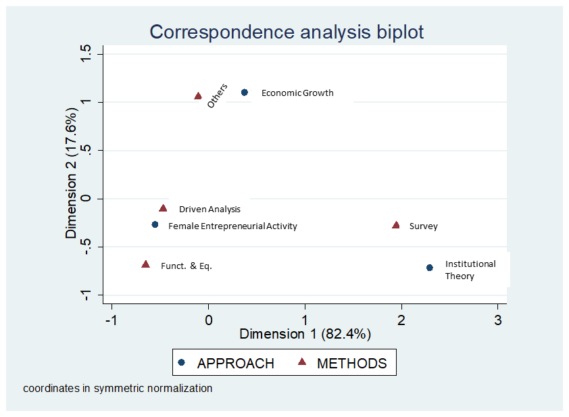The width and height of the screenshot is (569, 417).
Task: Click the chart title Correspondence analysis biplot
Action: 287,32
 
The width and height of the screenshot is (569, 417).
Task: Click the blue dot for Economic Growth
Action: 245,93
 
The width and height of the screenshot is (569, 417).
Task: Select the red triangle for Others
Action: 198,97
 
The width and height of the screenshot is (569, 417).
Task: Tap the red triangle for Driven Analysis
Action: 163,209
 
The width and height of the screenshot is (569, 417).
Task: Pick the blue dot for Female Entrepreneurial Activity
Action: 155,224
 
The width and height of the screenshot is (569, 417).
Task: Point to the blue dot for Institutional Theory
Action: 430,268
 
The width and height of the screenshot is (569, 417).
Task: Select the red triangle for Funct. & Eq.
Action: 145,264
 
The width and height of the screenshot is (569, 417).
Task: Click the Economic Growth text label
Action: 297,93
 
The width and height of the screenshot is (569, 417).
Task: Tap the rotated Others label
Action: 217,96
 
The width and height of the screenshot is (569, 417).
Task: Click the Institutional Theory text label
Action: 470,270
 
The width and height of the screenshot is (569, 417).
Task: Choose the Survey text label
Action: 423,226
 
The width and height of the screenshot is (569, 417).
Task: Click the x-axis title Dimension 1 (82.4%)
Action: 305,334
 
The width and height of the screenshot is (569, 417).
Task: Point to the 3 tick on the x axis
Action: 498,319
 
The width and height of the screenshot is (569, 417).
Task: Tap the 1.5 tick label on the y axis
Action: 85,54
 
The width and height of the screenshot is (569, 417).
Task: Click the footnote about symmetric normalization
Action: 118,389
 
